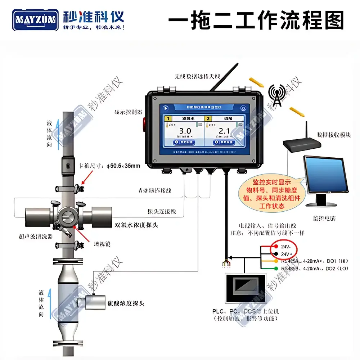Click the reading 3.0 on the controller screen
click(x=185, y=131)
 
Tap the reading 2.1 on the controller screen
click(x=224, y=131)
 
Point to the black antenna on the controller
click(x=224, y=76)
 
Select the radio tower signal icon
click(x=276, y=96)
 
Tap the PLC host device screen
click(x=246, y=288)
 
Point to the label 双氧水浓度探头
click(x=136, y=225)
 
